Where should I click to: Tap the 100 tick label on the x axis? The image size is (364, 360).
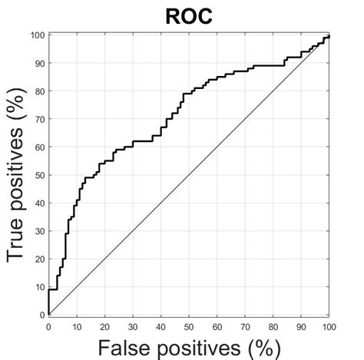(x=329, y=325)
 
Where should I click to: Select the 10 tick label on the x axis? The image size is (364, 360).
(x=76, y=325)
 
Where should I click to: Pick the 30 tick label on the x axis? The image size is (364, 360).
(x=133, y=325)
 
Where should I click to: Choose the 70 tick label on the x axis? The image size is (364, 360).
(x=245, y=325)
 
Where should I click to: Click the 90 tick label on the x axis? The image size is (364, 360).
(x=301, y=325)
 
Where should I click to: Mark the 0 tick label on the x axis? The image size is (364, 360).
(x=48, y=325)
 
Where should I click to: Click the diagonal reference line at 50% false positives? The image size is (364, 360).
(x=189, y=175)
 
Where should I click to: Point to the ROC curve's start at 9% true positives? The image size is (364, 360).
(x=49, y=289)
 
